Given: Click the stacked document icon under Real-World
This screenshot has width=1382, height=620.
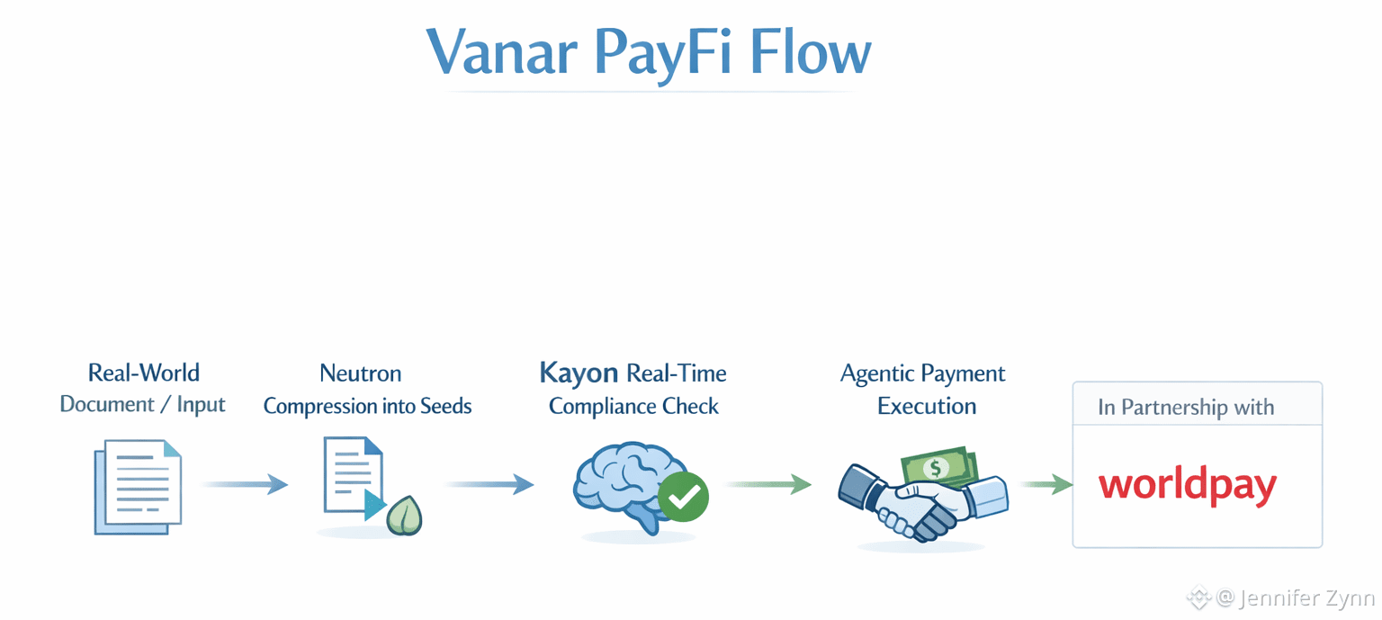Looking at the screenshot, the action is tap(138, 486).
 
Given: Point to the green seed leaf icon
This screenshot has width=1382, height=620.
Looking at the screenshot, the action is tap(405, 516).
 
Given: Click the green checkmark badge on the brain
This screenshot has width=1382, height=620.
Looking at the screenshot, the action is tap(683, 497).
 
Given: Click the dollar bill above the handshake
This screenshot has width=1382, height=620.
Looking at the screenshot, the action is tap(939, 466).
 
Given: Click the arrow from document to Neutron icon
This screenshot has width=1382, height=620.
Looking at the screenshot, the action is tap(244, 485).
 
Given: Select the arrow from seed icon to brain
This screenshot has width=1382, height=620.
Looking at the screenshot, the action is tap(489, 485).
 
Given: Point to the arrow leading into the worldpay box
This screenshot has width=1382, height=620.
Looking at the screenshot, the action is tap(1047, 485).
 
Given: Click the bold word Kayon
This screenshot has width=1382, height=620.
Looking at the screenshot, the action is tap(579, 373).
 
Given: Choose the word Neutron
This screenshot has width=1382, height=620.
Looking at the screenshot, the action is tap(361, 373).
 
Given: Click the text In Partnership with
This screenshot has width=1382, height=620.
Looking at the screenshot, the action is tap(1186, 408).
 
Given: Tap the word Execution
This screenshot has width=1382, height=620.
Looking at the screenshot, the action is tap(927, 406).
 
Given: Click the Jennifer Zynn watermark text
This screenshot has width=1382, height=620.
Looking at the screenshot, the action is tap(1306, 598).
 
